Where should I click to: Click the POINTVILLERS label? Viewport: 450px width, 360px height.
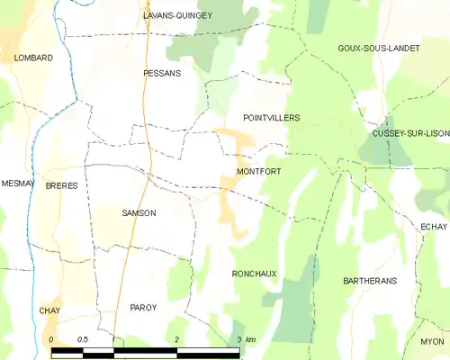[272, 118]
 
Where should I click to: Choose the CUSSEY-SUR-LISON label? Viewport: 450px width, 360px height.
[410, 133]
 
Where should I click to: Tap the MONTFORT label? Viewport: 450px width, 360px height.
[255, 171]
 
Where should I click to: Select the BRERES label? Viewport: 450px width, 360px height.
[61, 185]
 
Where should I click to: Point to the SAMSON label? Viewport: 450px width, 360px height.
[139, 213]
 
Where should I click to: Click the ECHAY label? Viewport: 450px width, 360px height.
[433, 228]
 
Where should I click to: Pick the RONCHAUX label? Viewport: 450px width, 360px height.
[254, 274]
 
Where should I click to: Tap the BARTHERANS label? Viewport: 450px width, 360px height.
[370, 281]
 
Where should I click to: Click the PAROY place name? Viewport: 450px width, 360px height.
[143, 308]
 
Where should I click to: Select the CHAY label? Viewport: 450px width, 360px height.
[49, 311]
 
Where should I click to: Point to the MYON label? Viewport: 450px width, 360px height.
[432, 342]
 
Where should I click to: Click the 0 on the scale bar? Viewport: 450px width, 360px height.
[53, 339]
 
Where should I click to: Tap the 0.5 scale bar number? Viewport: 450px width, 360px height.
[83, 339]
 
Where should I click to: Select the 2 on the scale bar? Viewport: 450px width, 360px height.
[177, 339]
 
